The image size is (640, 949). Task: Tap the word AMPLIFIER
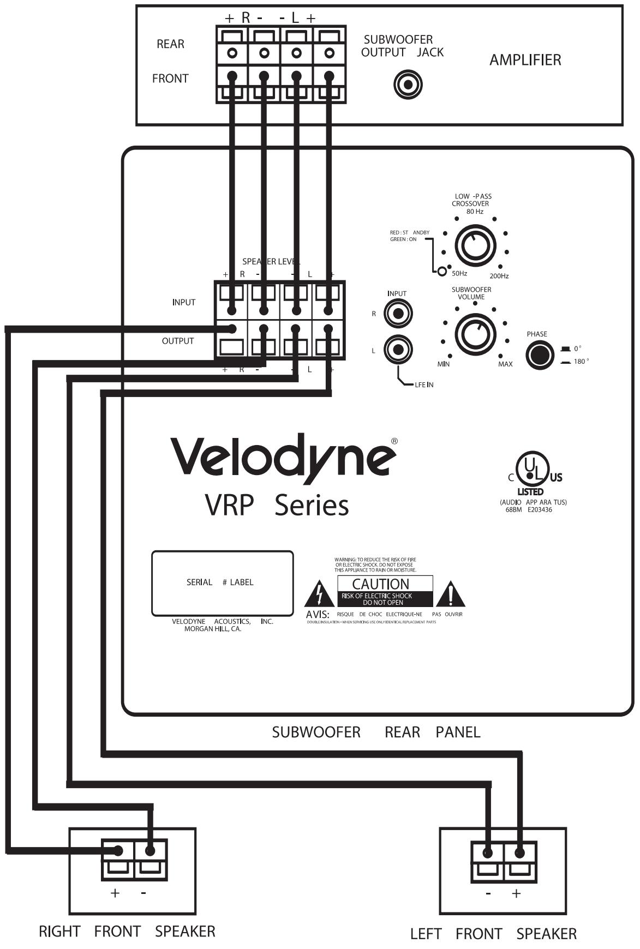click(525, 60)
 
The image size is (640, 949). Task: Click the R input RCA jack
click(398, 314)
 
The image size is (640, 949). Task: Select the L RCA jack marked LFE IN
click(398, 350)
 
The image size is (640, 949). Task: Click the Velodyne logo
click(284, 457)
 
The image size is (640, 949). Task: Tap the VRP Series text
click(277, 506)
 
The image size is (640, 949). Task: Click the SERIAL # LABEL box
click(222, 583)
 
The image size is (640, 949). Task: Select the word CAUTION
click(380, 584)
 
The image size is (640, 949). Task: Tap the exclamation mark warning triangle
click(450, 594)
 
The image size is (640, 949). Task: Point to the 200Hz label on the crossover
click(499, 276)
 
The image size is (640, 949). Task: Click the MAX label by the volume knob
click(505, 364)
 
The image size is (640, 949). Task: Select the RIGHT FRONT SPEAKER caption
click(127, 931)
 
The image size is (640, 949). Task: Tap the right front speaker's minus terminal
click(150, 850)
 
